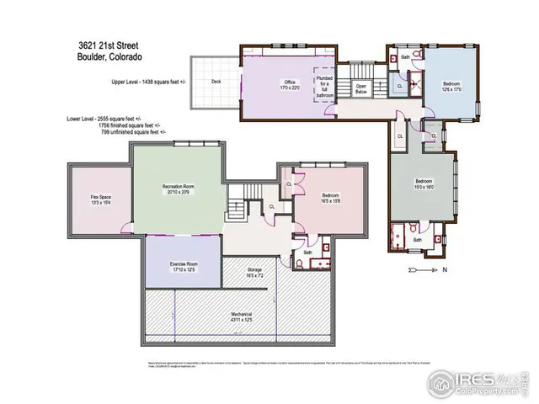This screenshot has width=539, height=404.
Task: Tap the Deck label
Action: point(216,82)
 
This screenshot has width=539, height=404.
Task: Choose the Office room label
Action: point(291,84)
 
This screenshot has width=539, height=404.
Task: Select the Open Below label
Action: point(361,87)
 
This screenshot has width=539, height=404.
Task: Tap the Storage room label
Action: point(253,272)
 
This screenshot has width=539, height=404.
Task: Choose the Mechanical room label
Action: point(242,318)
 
